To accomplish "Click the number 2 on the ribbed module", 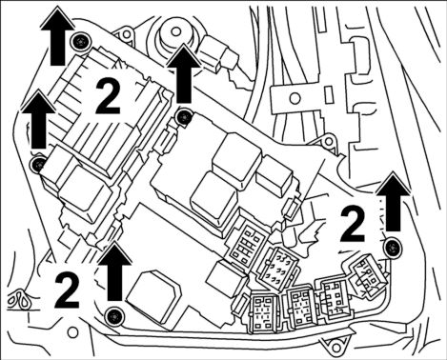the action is [x=108, y=96].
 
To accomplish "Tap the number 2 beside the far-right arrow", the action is [x=353, y=224].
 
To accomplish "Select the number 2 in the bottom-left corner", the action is [x=67, y=290].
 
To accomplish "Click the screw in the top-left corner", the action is [x=79, y=42].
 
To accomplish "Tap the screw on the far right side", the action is [x=394, y=247].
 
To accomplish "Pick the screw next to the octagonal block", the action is [x=114, y=316].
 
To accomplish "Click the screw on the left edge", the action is [x=39, y=164].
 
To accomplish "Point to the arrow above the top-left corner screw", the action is [x=57, y=36].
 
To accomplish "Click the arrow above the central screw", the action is [x=184, y=73].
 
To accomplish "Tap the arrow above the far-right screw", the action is [x=393, y=201].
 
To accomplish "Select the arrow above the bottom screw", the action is [x=114, y=271].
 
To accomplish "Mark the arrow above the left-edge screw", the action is [x=38, y=119].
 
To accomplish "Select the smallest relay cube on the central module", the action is [x=274, y=173].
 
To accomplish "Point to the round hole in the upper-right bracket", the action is [x=295, y=97].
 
